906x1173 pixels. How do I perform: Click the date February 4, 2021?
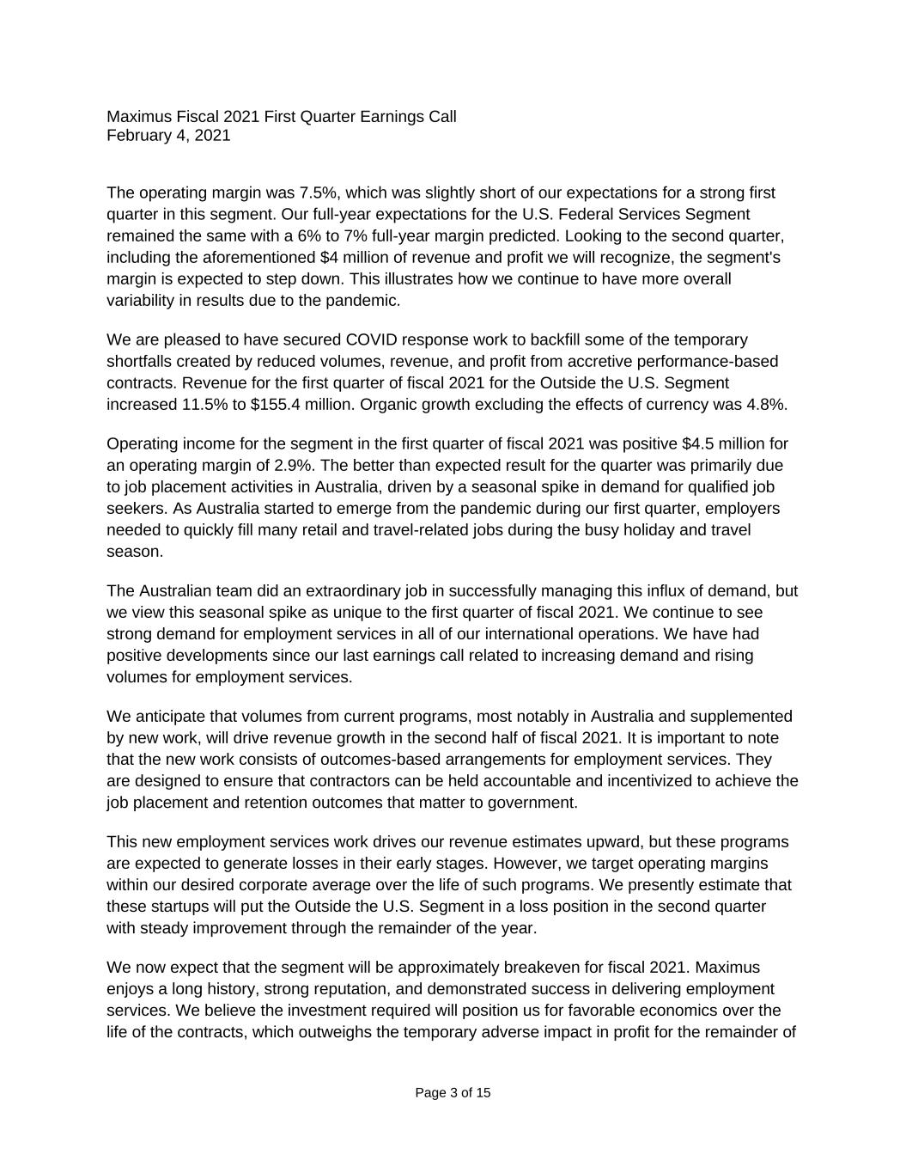coord(168,136)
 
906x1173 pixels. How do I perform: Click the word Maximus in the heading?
coord(139,116)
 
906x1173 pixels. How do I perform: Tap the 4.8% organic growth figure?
coord(768,404)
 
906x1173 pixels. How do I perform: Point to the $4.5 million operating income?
coord(719,443)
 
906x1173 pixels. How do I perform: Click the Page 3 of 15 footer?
coord(453,1093)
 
